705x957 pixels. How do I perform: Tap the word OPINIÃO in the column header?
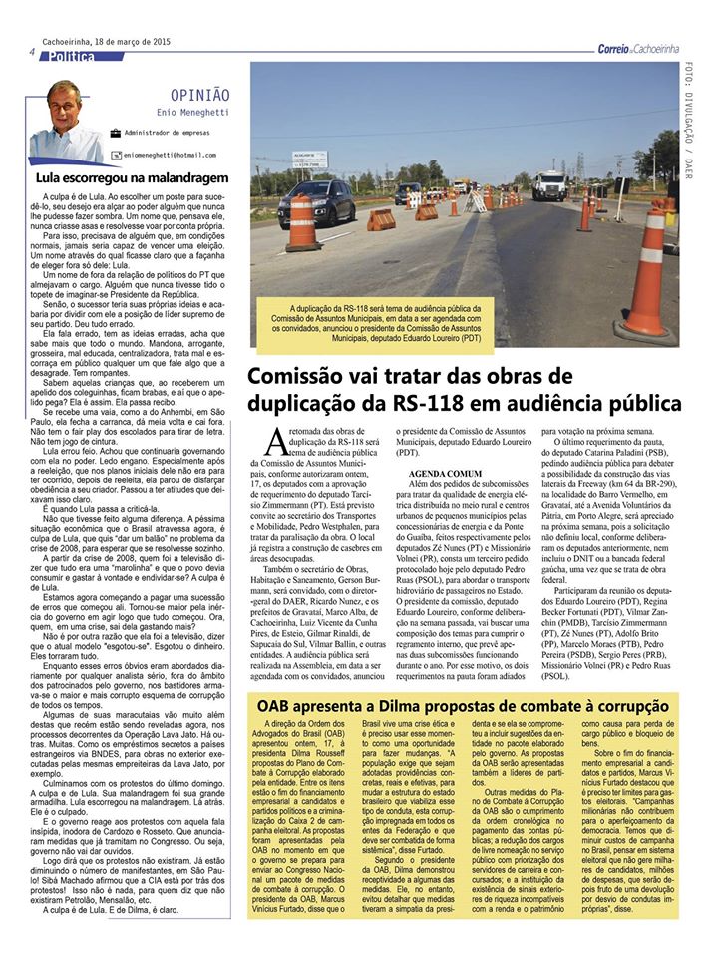(x=199, y=95)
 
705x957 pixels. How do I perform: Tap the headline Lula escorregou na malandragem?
(x=118, y=176)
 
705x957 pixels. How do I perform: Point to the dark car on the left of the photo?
(x=316, y=202)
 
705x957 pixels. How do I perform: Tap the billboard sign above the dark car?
(x=309, y=159)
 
